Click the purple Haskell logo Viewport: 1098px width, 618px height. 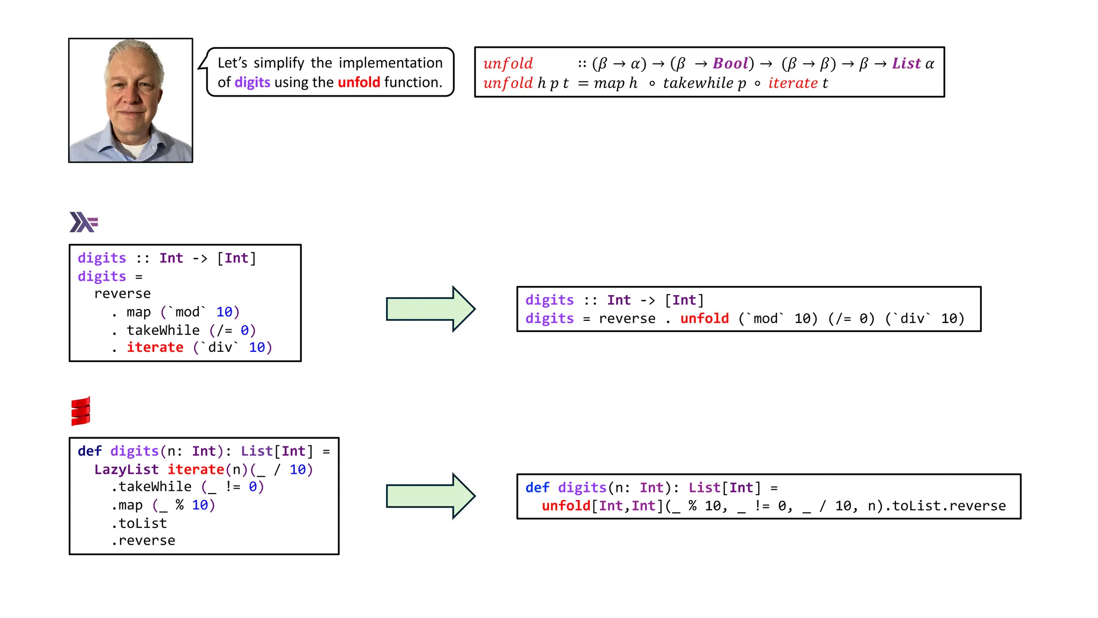click(84, 222)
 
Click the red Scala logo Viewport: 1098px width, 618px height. click(80, 411)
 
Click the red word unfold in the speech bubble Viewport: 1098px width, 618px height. click(359, 82)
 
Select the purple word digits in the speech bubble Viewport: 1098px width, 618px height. click(252, 82)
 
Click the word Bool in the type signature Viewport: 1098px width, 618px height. click(730, 63)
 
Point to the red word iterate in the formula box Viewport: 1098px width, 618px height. click(792, 83)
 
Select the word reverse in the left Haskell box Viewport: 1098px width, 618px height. click(122, 293)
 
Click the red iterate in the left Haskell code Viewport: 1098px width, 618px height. click(155, 347)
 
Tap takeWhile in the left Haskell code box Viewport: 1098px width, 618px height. click(163, 330)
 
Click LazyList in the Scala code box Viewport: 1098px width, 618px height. click(127, 469)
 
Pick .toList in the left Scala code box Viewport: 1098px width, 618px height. click(139, 523)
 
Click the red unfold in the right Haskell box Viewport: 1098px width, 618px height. click(704, 318)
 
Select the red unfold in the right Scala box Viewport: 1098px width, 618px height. click(566, 505)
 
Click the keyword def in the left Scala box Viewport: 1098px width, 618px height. click(90, 451)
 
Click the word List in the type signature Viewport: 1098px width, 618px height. click(906, 63)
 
